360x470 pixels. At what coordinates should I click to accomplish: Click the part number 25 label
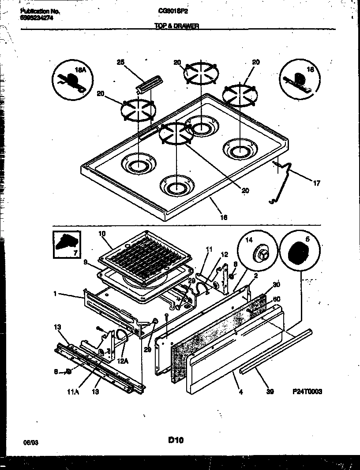coord(120,63)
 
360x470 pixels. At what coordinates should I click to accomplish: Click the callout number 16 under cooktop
coord(224,217)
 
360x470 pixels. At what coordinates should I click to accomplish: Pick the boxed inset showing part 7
coord(67,245)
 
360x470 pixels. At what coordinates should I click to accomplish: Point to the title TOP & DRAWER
coord(176,26)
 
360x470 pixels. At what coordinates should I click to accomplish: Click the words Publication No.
coord(40,11)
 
